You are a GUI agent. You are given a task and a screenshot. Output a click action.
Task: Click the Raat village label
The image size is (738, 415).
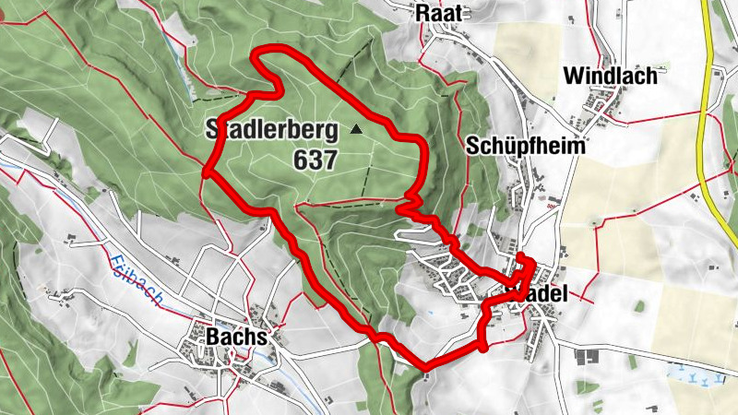(x=441, y=12)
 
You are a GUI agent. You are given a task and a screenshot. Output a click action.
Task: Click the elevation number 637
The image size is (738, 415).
(x=315, y=159)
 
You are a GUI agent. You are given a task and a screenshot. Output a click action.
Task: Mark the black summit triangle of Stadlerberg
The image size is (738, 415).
(x=356, y=130)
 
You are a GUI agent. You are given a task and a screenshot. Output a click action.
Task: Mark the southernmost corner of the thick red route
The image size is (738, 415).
(x=424, y=369)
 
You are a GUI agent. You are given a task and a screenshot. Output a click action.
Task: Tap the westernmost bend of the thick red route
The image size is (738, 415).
(x=205, y=169)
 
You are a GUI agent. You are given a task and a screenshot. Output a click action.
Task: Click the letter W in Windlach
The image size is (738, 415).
(x=573, y=75)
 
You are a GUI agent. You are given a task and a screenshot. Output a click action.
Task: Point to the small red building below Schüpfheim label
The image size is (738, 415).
(x=552, y=204)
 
